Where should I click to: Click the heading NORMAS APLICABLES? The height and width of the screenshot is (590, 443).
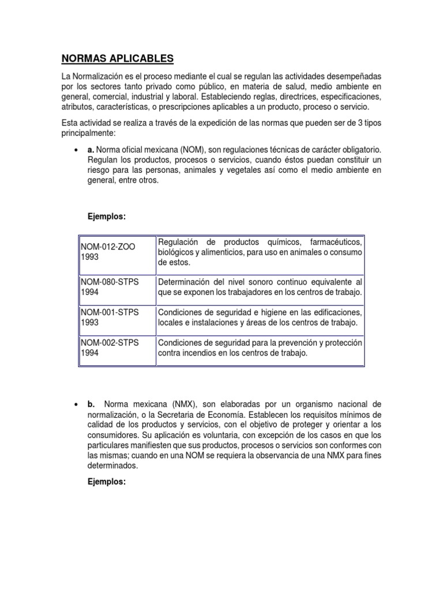point(117,59)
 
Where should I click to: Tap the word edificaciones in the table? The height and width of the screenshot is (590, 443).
point(335,312)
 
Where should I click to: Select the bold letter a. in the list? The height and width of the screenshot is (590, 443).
point(91,149)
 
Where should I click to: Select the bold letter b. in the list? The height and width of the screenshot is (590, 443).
point(91,404)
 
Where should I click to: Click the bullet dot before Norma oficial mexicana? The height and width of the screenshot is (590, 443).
point(76,150)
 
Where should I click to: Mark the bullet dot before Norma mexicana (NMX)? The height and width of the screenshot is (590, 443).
point(76,405)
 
